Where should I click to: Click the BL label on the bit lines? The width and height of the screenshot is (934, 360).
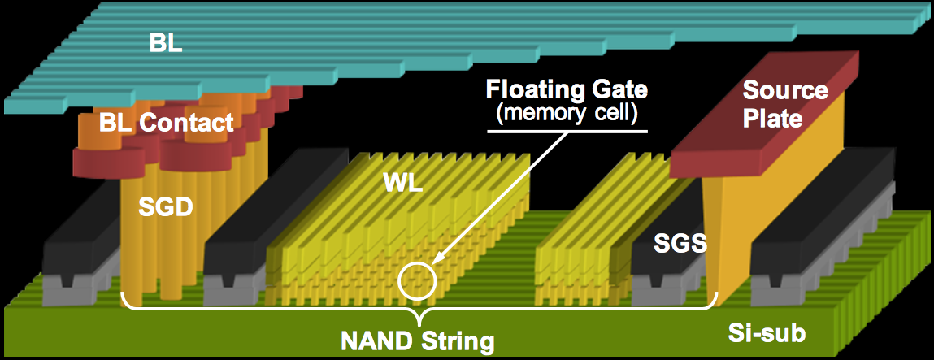[x=166, y=43]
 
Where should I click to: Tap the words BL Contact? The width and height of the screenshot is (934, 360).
[x=166, y=123]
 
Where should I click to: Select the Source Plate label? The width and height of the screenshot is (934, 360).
[x=784, y=103]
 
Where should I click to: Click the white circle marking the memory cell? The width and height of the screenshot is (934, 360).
[x=418, y=280]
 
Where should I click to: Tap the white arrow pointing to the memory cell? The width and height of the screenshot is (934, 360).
[x=504, y=194]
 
